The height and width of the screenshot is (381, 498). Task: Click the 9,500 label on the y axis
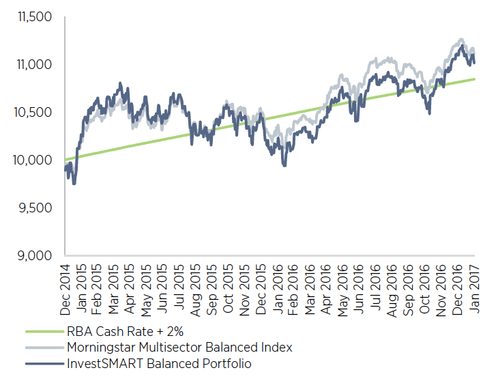[x=35, y=208]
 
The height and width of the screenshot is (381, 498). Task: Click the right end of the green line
[x=475, y=79]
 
